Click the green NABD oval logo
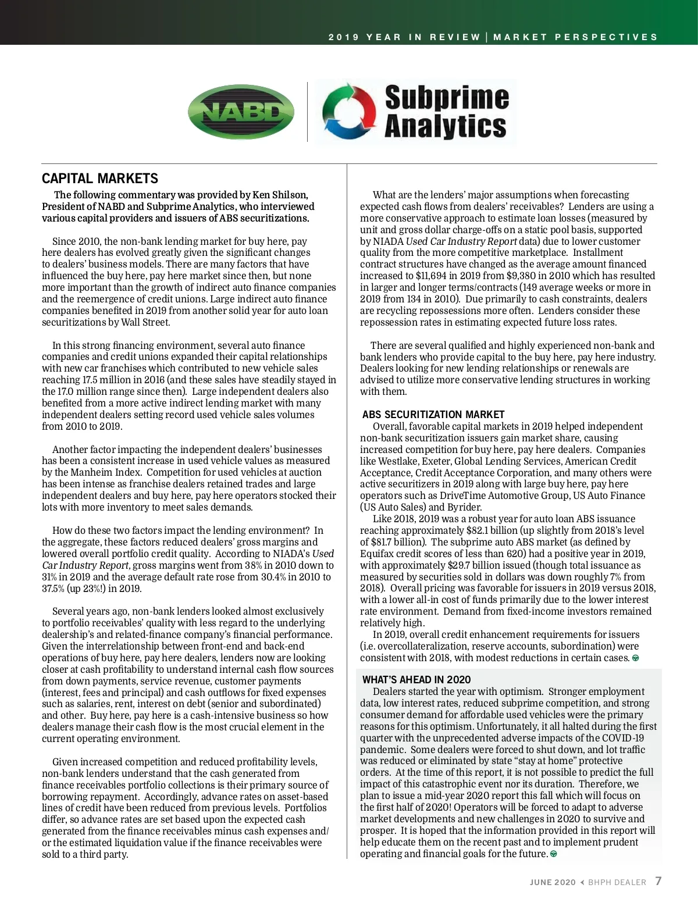(x=241, y=112)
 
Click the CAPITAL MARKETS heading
(x=100, y=179)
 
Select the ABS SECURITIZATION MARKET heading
(x=433, y=415)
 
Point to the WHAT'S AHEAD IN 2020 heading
(x=416, y=680)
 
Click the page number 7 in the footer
(x=658, y=881)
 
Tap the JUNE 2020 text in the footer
(x=552, y=882)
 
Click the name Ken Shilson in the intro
(x=280, y=195)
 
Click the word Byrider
(x=464, y=507)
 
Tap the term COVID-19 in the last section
(x=623, y=738)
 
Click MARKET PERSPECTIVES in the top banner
(x=575, y=37)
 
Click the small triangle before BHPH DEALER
(x=582, y=882)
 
